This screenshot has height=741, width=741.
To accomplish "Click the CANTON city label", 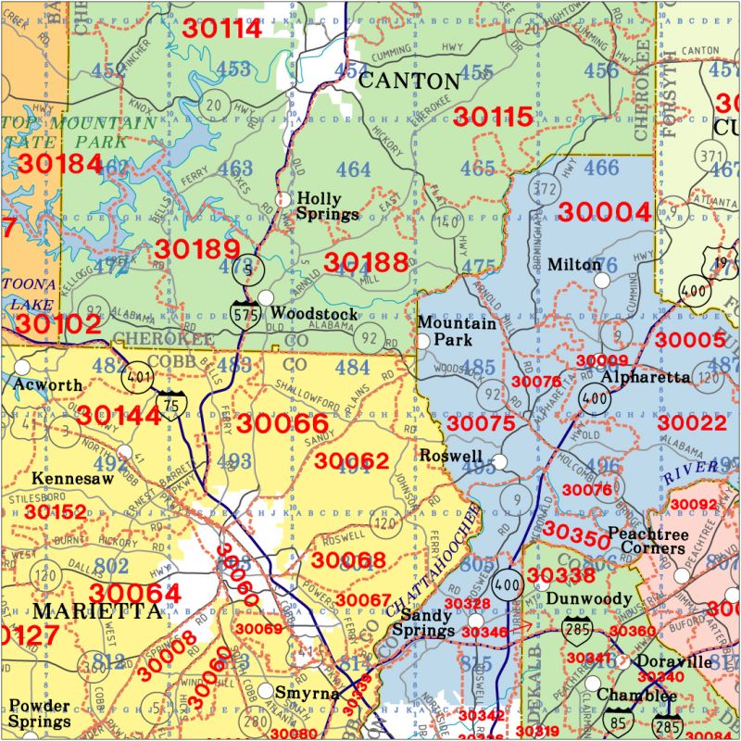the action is point(408,81).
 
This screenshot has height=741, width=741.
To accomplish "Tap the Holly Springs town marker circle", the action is point(284,198).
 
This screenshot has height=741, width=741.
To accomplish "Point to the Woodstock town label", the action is point(314,314).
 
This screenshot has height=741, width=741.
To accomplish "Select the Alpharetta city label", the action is point(645,377).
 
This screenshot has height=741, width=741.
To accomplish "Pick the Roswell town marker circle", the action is point(499,460).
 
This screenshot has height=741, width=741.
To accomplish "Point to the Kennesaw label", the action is point(72,479).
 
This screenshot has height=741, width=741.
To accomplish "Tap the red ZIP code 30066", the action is point(277,423).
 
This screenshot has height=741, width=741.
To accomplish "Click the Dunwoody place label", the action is point(588,599).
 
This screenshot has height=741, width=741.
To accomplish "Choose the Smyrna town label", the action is point(299,692).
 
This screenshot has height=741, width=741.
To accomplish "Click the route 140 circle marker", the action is point(447,222).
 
